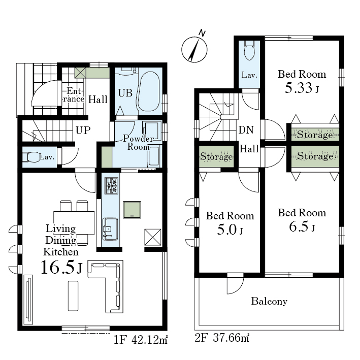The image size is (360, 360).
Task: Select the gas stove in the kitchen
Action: (x=112, y=185)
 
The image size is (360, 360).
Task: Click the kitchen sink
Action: (x=110, y=229)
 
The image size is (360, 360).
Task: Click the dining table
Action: (x=74, y=223)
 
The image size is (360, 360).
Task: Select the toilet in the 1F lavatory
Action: (x=30, y=157)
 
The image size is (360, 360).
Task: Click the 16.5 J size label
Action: (x=61, y=268)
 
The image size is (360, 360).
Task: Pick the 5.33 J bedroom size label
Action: (x=302, y=88)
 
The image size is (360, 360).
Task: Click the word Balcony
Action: (x=269, y=301)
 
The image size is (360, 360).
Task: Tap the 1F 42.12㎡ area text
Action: (x=141, y=340)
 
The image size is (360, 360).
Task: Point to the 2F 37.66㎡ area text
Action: (x=222, y=338)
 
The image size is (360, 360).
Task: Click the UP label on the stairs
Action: (x=83, y=130)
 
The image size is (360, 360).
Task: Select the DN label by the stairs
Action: (x=246, y=130)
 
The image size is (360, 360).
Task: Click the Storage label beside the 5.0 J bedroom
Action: (x=216, y=156)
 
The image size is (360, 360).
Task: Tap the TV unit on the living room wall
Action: (x=28, y=300)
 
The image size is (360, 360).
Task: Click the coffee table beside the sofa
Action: (x=73, y=296)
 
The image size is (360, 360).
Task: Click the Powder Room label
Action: (x=139, y=142)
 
